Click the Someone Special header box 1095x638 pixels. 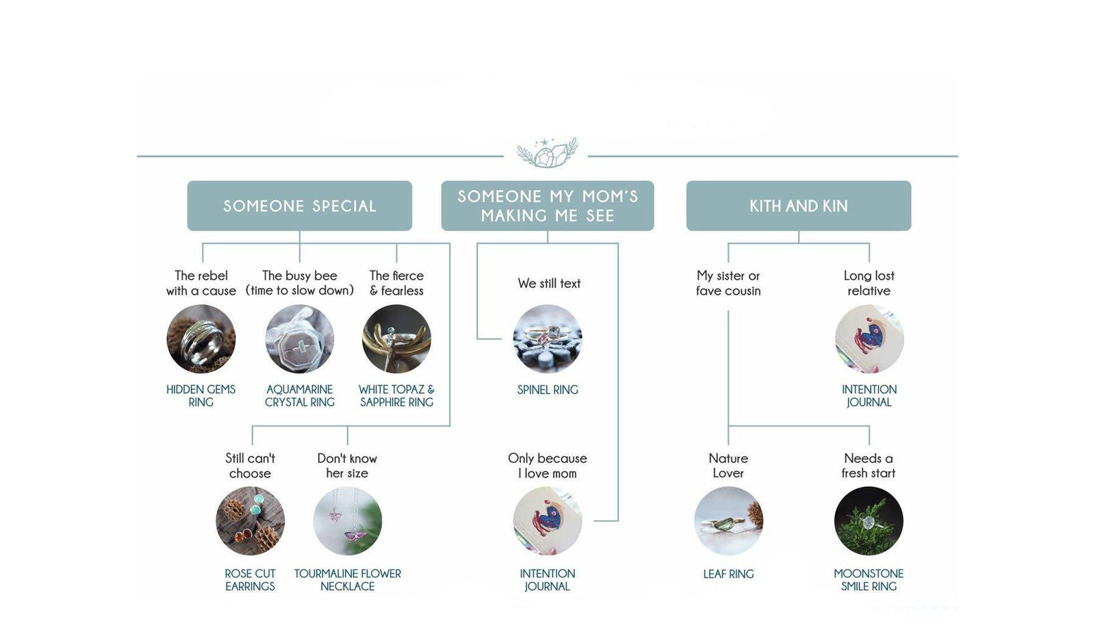click(x=300, y=206)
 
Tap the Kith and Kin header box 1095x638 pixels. click(x=799, y=206)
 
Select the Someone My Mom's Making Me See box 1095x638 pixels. click(x=547, y=206)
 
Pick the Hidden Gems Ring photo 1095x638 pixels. click(x=201, y=339)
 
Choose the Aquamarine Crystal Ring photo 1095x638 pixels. click(x=300, y=339)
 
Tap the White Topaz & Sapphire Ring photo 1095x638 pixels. click(x=396, y=339)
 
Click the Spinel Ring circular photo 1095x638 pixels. click(x=547, y=339)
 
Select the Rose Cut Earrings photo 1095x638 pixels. click(x=250, y=521)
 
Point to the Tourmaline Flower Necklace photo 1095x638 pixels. click(x=348, y=521)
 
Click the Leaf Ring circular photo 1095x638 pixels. click(x=728, y=521)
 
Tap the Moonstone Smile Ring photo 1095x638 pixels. click(x=868, y=521)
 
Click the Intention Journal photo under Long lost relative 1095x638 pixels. click(x=869, y=339)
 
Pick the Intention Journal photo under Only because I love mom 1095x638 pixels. click(x=547, y=521)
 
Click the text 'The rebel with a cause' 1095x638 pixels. click(x=201, y=283)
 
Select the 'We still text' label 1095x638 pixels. click(x=549, y=283)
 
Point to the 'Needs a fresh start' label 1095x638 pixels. click(x=868, y=466)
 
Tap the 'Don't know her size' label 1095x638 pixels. click(x=347, y=466)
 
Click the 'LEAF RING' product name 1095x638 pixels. click(x=728, y=574)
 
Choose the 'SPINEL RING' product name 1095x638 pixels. click(x=547, y=390)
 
